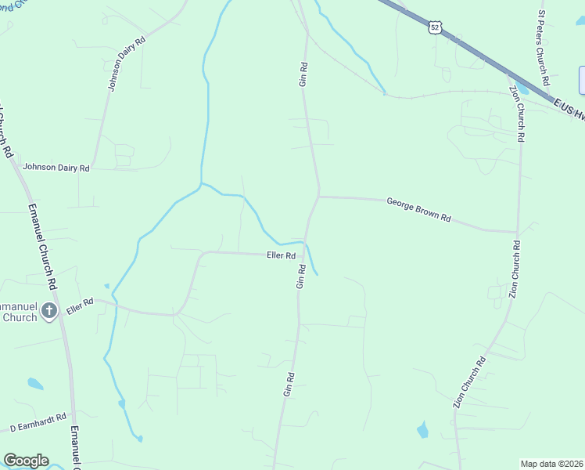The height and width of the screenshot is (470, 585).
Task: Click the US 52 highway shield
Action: click(x=435, y=27)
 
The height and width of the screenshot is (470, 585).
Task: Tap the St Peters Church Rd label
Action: click(x=542, y=47)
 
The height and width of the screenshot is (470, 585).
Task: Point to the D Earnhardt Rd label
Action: click(x=38, y=425)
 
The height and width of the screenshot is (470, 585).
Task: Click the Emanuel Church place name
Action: click(x=19, y=312)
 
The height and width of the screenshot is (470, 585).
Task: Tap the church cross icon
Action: click(x=48, y=312)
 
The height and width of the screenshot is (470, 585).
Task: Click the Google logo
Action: click(x=26, y=461)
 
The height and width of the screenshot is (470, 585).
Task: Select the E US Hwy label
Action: click(x=569, y=108)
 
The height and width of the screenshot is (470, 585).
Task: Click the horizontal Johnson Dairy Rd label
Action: click(x=56, y=167)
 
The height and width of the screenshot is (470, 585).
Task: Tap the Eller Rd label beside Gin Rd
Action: click(x=279, y=255)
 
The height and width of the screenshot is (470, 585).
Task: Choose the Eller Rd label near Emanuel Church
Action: click(x=80, y=305)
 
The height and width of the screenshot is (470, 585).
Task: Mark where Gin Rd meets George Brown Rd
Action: click(x=319, y=196)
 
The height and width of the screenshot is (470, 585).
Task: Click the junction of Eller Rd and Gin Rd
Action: click(x=303, y=254)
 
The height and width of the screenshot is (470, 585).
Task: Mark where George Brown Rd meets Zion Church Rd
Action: click(x=516, y=232)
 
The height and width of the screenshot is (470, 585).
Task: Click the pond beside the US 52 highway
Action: click(x=522, y=87)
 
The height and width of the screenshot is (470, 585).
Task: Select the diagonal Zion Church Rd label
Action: click(x=469, y=382)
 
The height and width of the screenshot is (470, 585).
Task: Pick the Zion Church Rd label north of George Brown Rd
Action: click(x=516, y=114)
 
